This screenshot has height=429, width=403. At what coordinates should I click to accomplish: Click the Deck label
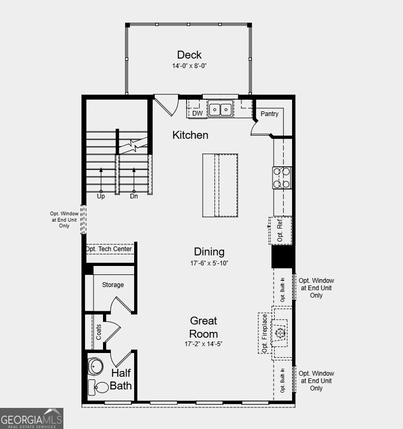click(x=189, y=55)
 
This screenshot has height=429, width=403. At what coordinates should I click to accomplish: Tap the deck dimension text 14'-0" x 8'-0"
click(x=189, y=66)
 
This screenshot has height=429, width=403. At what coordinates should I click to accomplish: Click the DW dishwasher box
click(x=197, y=113)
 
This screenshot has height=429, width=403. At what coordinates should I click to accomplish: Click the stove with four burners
click(x=282, y=177)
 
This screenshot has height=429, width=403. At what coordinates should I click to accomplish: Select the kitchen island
click(x=220, y=185)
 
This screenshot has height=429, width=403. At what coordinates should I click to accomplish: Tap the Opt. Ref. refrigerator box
click(x=280, y=231)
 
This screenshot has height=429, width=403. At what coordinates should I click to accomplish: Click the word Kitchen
click(x=190, y=135)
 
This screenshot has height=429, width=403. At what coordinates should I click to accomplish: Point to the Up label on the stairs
click(x=101, y=196)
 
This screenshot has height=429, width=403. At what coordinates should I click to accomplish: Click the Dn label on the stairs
click(x=134, y=196)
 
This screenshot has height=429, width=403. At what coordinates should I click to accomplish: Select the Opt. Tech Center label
click(x=109, y=249)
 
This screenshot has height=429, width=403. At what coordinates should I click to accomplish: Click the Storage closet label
click(x=113, y=285)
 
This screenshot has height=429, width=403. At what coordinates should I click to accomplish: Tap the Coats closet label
click(x=98, y=332)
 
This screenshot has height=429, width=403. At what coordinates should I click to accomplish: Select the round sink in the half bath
click(x=96, y=366)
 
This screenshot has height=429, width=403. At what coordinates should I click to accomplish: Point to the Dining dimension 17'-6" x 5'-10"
click(x=209, y=263)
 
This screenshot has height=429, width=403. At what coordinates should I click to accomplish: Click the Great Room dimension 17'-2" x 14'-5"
click(x=204, y=344)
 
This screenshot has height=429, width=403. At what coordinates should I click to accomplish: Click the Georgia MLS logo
click(x=32, y=418)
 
